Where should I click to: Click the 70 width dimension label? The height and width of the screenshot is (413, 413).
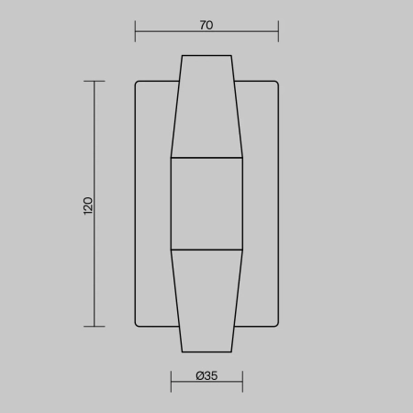(x=206, y=25)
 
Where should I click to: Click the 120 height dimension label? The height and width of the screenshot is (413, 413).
(x=88, y=206)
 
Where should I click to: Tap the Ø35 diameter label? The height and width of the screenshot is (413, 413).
(x=206, y=375)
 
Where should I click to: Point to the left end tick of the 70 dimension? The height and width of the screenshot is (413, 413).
(x=135, y=31)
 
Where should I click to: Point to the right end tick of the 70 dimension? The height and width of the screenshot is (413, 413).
(x=278, y=31)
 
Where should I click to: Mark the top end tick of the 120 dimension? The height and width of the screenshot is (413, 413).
(x=95, y=81)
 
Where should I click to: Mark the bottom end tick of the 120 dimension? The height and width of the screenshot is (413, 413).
(x=95, y=327)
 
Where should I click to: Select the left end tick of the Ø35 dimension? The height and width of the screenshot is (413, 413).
(x=171, y=382)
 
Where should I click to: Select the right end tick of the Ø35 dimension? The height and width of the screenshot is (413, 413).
(x=242, y=382)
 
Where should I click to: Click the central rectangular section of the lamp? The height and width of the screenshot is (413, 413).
(x=206, y=204)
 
